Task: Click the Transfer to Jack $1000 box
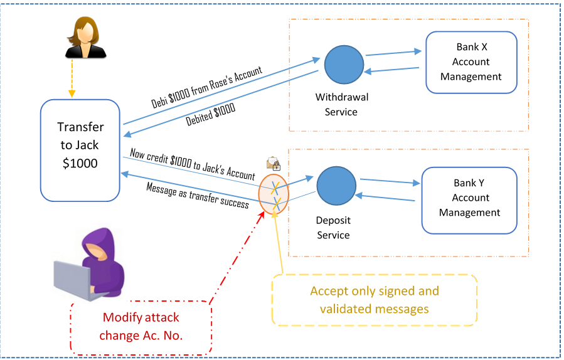80,151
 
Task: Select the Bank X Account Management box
471,62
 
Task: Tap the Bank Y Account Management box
469,200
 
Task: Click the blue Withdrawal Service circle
344,65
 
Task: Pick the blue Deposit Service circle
336,186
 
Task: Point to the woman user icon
85,38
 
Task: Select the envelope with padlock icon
274,164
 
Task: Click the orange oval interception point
274,194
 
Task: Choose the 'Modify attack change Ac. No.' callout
141,327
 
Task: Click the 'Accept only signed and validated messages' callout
375,300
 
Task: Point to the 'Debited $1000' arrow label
210,114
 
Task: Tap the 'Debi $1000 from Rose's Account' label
206,87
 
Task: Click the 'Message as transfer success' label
198,195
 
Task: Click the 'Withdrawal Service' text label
342,104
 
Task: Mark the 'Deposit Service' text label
333,228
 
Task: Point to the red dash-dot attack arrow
237,258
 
